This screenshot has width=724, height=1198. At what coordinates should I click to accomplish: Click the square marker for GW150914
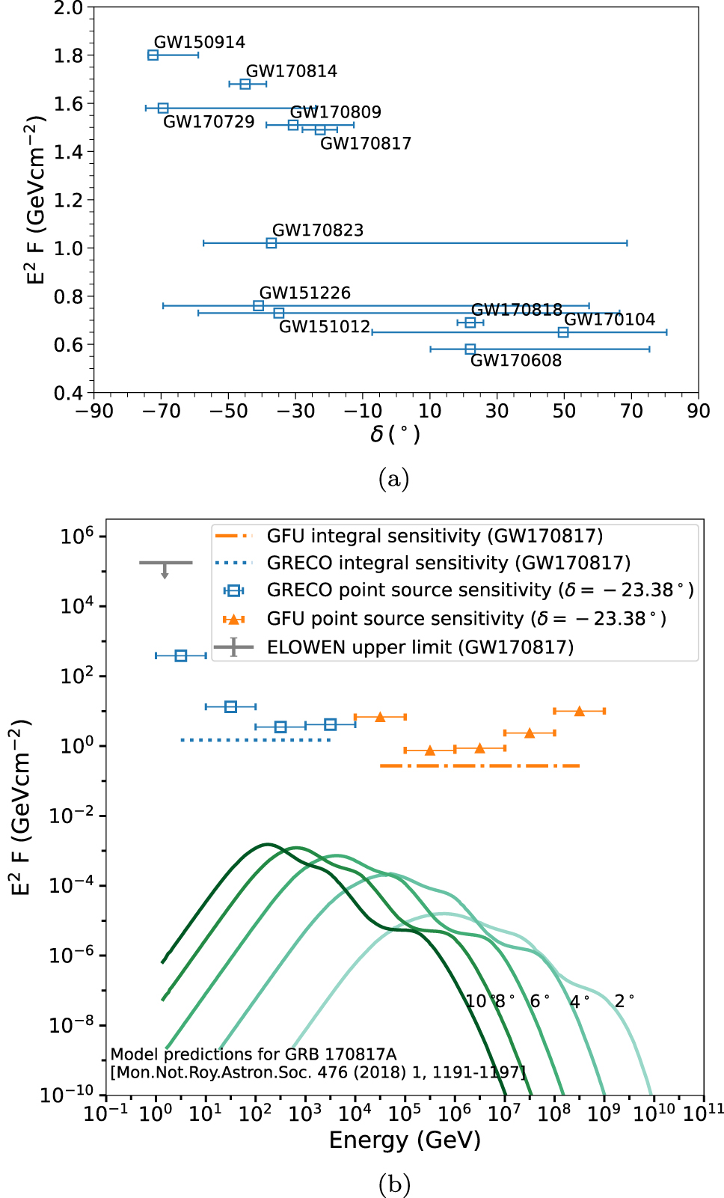click(x=153, y=55)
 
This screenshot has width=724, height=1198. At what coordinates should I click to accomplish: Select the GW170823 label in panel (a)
click(x=317, y=230)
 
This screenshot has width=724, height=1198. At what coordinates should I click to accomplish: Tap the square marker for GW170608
click(x=470, y=349)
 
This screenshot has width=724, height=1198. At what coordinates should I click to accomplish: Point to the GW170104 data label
click(x=609, y=320)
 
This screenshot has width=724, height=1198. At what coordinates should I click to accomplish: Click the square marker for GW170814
click(x=245, y=84)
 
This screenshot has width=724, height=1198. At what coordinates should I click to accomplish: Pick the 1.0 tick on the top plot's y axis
click(x=68, y=248)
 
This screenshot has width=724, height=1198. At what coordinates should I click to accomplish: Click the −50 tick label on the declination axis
click(x=229, y=411)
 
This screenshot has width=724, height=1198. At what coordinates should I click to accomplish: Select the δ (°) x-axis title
click(x=395, y=435)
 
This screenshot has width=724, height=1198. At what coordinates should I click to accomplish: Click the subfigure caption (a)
click(x=394, y=478)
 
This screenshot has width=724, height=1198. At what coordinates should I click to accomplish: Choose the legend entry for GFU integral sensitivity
click(x=434, y=536)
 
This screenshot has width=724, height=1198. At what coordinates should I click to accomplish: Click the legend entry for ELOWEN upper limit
click(x=420, y=647)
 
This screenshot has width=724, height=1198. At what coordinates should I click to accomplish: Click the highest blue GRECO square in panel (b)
click(x=180, y=655)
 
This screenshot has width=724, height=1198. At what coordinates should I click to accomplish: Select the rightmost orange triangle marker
click(x=579, y=711)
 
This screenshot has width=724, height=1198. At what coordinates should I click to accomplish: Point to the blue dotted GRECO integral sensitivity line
click(x=255, y=740)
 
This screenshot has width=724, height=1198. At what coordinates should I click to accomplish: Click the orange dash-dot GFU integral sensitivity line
click(x=479, y=765)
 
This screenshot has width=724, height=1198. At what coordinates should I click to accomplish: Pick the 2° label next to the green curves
click(x=624, y=1001)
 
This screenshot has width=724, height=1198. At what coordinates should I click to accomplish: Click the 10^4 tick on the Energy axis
click(x=355, y=1113)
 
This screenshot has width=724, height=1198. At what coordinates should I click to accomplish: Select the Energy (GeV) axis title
click(x=405, y=1140)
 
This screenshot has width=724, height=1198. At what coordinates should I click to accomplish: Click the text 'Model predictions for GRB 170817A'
click(x=253, y=1054)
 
